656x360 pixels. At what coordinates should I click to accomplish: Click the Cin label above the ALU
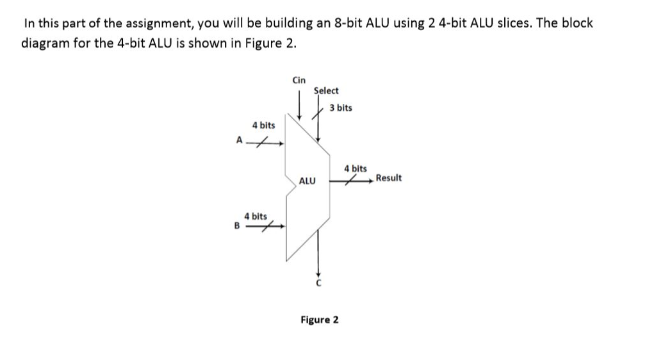299,80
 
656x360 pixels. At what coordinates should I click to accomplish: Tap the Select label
326,91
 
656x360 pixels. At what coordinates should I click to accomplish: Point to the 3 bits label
341,108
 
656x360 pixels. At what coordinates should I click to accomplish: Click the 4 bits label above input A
263,125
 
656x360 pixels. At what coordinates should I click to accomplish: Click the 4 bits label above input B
256,217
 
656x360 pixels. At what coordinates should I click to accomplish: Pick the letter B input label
236,225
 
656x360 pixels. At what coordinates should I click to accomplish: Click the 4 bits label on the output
356,168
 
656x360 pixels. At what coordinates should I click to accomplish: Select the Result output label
389,177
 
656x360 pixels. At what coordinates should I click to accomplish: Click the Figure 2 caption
320,319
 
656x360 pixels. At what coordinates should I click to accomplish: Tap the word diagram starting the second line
44,44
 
